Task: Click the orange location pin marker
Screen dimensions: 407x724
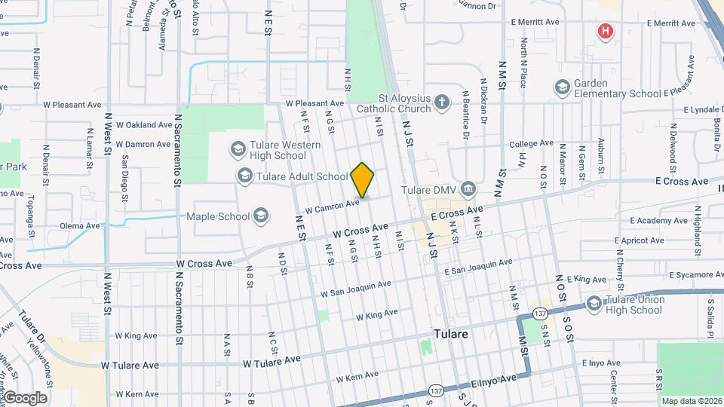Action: point(362,180)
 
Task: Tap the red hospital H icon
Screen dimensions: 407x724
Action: point(605,31)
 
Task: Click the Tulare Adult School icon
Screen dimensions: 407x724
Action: point(244,176)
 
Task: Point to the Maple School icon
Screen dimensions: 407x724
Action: point(261,216)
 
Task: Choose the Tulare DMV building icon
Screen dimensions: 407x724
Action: point(468,188)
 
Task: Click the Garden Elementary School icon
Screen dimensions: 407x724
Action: point(561,88)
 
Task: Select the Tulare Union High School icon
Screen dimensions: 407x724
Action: point(594,304)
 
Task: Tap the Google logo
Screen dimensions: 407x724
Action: point(24,397)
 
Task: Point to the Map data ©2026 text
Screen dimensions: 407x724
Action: point(692,401)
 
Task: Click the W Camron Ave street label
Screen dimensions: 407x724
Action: point(333,204)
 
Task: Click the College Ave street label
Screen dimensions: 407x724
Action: point(531,143)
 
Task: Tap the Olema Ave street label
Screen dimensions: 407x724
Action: point(80,225)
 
